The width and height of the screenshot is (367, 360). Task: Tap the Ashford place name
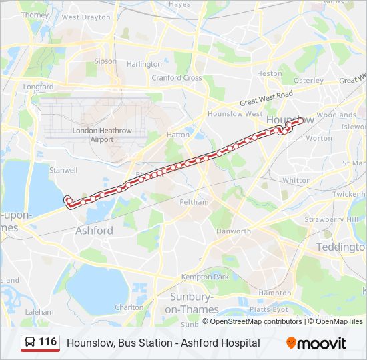point(94,230)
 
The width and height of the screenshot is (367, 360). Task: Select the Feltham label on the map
point(194,202)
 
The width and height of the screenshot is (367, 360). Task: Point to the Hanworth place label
point(234,231)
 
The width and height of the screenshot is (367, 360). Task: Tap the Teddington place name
point(341,247)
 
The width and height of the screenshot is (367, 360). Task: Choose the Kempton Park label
point(205,277)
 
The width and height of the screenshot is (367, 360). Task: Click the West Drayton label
point(85,17)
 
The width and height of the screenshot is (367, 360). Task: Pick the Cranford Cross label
point(176,78)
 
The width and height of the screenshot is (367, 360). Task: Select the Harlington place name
point(144,64)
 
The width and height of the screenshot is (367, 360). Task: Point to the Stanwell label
point(64,170)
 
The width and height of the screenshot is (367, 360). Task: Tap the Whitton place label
point(296,180)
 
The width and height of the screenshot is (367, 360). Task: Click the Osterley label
point(309,80)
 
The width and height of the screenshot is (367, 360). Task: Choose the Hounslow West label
point(235,114)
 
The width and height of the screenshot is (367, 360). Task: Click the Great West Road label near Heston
point(267,99)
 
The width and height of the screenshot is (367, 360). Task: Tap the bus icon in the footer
point(30,343)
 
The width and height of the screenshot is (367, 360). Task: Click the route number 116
point(47,342)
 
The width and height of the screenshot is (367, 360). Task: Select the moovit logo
point(316,343)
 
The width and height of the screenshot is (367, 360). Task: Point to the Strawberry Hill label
point(323,219)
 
